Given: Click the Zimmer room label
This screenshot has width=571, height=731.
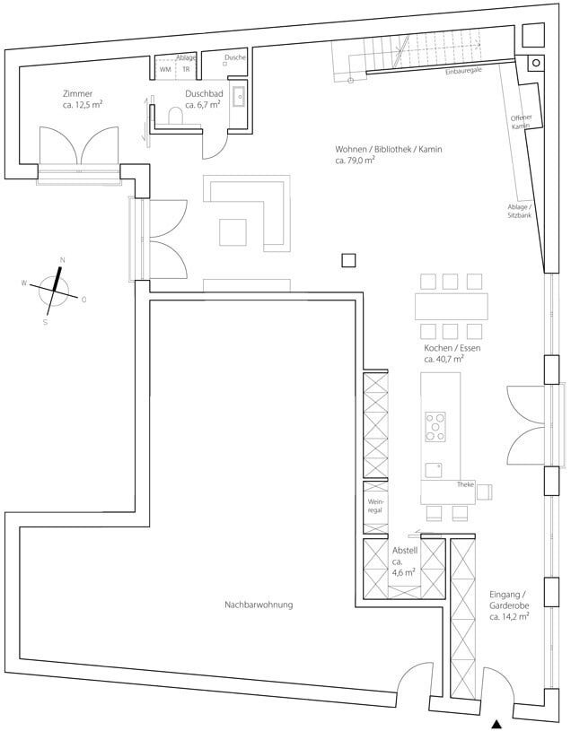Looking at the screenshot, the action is point(77,93).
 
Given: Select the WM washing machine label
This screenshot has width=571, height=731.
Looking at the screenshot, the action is point(165,69).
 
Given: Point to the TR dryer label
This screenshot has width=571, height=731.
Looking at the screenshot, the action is point(186,69).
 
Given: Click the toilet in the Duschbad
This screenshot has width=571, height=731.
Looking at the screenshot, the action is point(175,116).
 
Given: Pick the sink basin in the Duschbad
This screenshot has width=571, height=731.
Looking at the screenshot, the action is point(240,97).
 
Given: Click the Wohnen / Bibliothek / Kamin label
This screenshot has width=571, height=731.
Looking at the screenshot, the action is point(388,150).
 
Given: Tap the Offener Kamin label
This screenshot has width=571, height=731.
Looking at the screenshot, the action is point(521,122).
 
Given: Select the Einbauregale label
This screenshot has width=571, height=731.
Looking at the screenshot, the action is point(463,72).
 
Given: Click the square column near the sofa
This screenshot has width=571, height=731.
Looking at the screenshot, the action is point(348,260).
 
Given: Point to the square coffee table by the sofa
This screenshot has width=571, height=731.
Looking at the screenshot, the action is point(233,232).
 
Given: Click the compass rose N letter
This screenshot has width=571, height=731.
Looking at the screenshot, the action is point(63,260).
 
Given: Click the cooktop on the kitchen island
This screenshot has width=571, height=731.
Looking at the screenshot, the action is point(435,427).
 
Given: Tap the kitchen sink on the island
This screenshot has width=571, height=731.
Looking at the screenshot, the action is point(434,470).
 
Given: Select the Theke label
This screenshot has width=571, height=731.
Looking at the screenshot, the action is point(465,485).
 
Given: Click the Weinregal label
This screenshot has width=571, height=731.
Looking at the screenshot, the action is point(375,506).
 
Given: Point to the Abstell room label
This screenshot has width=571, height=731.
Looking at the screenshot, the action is point(405,551).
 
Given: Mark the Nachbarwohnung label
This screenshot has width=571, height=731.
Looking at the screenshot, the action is point(259,605).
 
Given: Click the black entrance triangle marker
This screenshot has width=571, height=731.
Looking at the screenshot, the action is point(497,724).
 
